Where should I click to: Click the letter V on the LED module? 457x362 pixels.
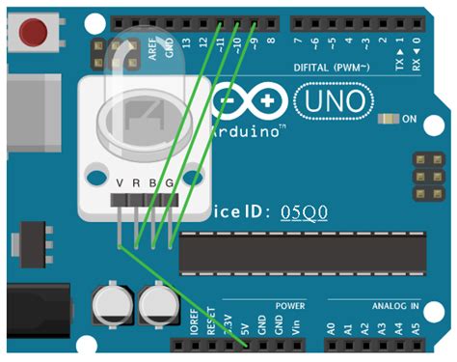pyautogui.click(x=120, y=183)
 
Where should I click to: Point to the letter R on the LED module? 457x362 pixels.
pyautogui.click(x=136, y=183)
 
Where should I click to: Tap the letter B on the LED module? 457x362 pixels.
pyautogui.click(x=152, y=183)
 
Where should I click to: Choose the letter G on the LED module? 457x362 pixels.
pyautogui.click(x=170, y=183)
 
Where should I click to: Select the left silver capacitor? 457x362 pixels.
pyautogui.click(x=112, y=307)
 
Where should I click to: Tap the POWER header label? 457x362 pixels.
pyautogui.click(x=290, y=305)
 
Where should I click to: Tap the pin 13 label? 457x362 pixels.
pyautogui.click(x=186, y=42)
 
